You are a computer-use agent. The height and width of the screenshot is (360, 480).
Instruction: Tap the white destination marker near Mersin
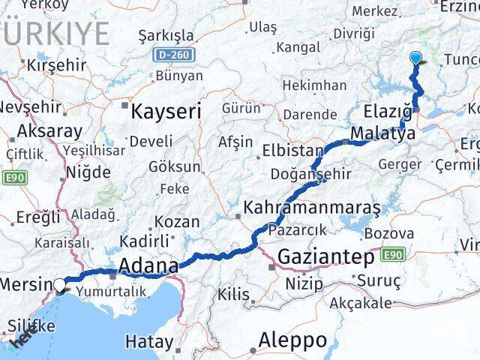coord(59,284)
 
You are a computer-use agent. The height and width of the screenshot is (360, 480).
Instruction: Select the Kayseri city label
coord(166,112)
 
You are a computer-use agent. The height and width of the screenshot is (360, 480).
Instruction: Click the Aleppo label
coord(292,340)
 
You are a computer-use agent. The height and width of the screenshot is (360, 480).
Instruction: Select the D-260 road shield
coord(174,55)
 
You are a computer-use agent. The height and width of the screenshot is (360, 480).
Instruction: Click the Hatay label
coord(148,342)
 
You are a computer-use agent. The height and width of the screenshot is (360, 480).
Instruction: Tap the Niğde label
coord(88,172)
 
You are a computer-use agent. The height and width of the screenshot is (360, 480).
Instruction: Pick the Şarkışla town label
coord(165,35)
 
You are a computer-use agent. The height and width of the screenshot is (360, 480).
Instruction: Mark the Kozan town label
coord(178,222)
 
